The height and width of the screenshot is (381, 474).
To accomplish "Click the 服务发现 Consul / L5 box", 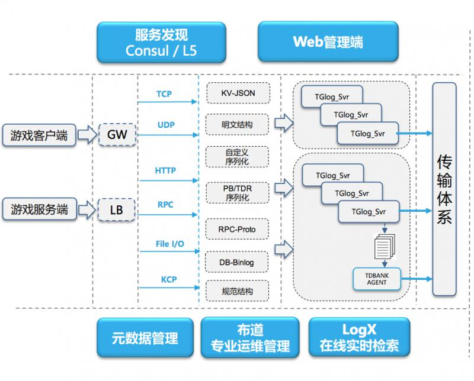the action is pyautogui.click(x=161, y=43).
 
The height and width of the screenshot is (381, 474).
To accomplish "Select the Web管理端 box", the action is pyautogui.click(x=328, y=41).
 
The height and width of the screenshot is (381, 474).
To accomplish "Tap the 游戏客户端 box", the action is pyautogui.click(x=39, y=135).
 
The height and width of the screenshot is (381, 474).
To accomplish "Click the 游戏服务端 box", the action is pyautogui.click(x=39, y=209).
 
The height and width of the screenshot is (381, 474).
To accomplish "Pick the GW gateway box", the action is pyautogui.click(x=117, y=135).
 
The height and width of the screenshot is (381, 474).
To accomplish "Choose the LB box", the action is pyautogui.click(x=116, y=209).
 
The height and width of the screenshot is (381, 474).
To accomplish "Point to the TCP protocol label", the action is pyautogui.click(x=164, y=94).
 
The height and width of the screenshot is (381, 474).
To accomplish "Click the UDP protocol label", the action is pyautogui.click(x=166, y=125).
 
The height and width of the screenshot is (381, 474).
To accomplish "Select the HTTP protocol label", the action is pyautogui.click(x=165, y=170).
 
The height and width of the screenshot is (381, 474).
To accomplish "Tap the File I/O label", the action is pyautogui.click(x=169, y=244).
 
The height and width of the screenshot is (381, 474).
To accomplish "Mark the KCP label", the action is pyautogui.click(x=169, y=280).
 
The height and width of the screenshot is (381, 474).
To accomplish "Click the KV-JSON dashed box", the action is pyautogui.click(x=238, y=93).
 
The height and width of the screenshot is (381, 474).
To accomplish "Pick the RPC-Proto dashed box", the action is pyautogui.click(x=237, y=229).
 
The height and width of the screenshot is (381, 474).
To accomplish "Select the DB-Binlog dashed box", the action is pyautogui.click(x=236, y=262).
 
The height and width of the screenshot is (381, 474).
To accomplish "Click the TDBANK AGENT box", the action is pyautogui.click(x=377, y=279).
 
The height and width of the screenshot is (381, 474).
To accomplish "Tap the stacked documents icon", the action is pyautogui.click(x=385, y=246).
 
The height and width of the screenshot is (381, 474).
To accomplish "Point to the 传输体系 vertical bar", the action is pyautogui.click(x=444, y=189).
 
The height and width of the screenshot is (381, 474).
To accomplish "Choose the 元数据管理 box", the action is pyautogui.click(x=145, y=338).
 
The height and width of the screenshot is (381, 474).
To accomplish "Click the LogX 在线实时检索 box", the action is pyautogui.click(x=359, y=337).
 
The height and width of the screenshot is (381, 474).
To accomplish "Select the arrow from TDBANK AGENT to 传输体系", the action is pyautogui.click(x=417, y=279).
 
